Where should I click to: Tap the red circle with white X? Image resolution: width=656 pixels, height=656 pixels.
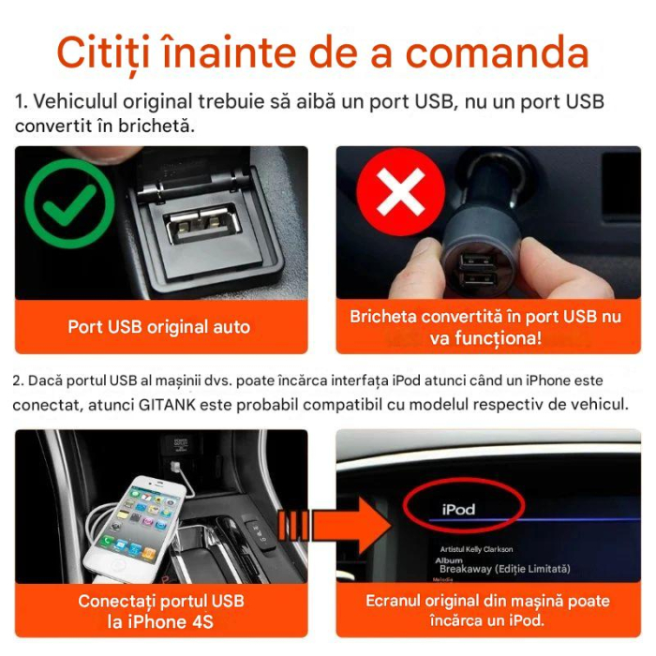pos(401,195)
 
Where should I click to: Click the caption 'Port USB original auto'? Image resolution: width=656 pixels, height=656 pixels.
pos(159,327)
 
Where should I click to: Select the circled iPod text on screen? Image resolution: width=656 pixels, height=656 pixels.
pos(458,510)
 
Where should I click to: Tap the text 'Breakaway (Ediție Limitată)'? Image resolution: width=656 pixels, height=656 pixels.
pos(503,569)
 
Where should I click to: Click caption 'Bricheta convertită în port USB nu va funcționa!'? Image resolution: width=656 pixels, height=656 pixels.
pos(485,327)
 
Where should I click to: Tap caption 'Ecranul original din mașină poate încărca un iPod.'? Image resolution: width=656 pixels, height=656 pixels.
pos(487,610)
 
